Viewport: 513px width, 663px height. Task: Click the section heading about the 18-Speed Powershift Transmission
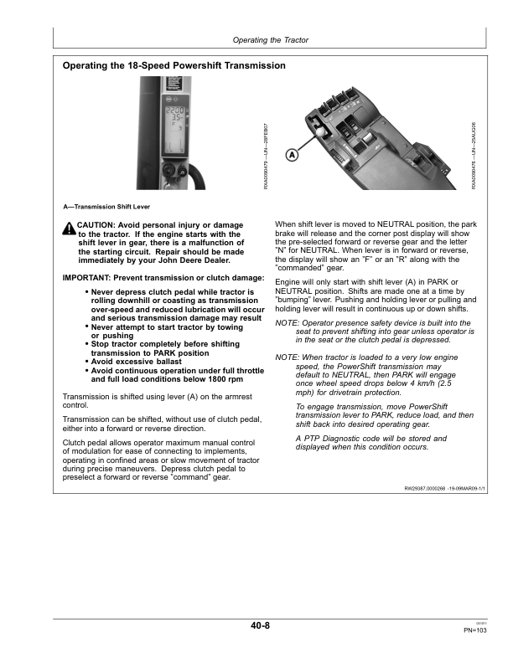174,65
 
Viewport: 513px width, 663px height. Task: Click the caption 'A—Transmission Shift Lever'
106,206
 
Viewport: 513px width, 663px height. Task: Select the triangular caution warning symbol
69,229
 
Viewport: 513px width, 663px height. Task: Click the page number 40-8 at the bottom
259,625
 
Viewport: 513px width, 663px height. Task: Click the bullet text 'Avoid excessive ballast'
137,362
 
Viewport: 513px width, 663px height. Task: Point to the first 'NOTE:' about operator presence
288,322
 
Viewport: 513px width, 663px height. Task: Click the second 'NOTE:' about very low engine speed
288,357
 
